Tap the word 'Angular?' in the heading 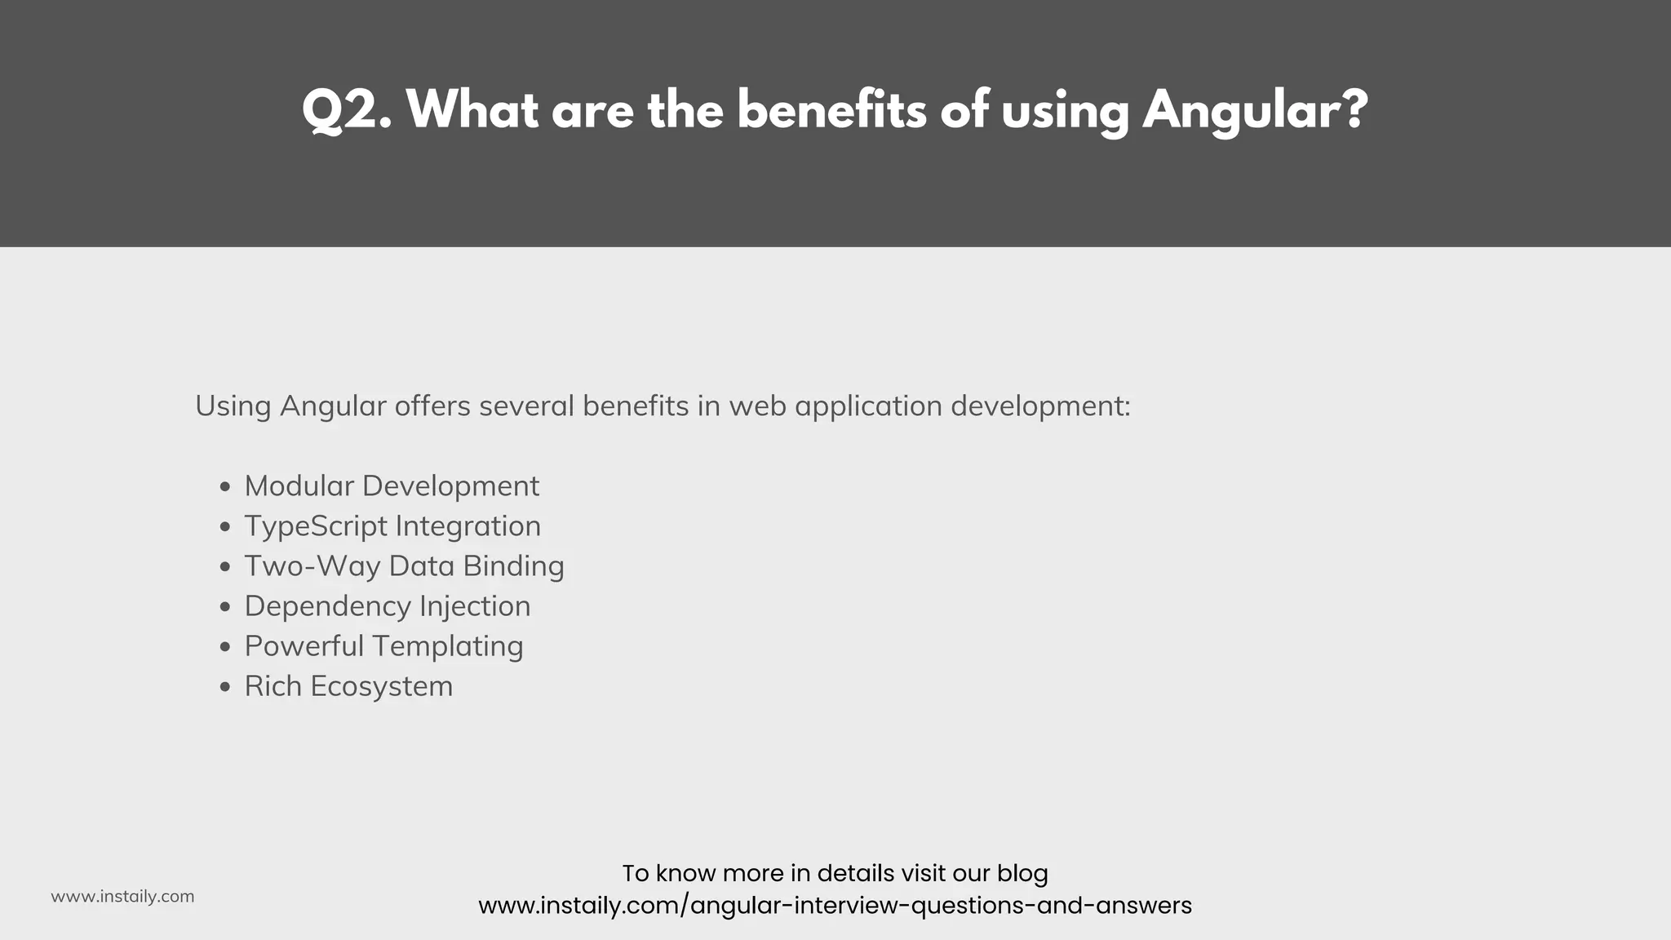[1255, 110]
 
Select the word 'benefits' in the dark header [831, 110]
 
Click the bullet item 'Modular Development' [392, 486]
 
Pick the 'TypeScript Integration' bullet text [392, 526]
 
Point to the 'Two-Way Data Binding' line [404, 566]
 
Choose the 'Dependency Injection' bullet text [388, 606]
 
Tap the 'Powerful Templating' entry [383, 646]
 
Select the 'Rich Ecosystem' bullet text [348, 686]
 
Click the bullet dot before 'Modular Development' [226, 488]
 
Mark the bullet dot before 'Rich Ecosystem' [226, 688]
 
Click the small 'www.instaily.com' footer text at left [122, 897]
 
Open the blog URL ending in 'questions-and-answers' [835, 906]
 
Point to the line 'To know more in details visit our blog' [835, 873]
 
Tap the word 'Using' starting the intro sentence [233, 406]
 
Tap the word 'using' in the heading [1066, 110]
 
